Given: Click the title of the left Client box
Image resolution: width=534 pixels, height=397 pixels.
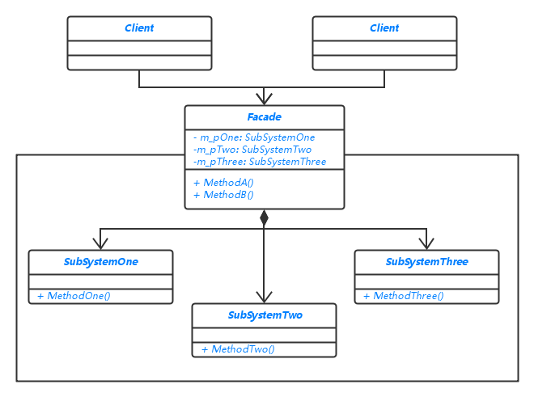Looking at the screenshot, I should point(139,28).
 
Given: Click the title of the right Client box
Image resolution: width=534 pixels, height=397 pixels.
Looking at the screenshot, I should point(384,28).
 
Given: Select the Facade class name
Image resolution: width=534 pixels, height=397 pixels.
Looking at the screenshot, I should point(264,117).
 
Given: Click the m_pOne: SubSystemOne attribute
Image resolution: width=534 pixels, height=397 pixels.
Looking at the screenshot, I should point(254,137).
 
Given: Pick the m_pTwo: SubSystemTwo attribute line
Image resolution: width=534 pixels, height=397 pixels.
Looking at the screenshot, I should point(253,150).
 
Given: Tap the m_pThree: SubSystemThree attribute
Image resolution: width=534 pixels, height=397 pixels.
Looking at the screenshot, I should point(260,162).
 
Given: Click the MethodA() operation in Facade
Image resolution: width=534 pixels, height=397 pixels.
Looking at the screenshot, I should point(223,183).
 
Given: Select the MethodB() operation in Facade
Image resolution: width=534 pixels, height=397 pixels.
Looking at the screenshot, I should point(223,195).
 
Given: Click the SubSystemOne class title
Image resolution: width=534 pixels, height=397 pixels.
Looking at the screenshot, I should point(101,262).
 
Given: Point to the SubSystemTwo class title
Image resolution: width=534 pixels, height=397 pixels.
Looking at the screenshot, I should point(265,315).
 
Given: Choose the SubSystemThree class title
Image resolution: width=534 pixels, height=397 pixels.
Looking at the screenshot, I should point(426,262).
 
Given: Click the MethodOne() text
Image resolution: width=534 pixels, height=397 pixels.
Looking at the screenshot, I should point(74,296).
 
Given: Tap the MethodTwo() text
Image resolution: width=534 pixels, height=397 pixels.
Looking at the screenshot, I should point(238,349).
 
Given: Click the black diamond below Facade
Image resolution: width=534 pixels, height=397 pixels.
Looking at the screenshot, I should point(264,218).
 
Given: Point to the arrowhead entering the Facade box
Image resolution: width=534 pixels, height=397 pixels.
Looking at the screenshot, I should point(264,99).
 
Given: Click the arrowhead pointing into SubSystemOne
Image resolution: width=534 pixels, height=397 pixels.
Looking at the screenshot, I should point(100,243).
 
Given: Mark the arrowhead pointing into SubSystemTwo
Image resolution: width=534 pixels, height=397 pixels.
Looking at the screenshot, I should point(264,297).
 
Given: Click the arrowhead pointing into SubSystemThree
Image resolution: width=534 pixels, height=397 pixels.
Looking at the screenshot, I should point(426,243).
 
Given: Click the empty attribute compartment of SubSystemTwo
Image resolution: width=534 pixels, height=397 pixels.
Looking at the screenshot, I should point(264,335).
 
